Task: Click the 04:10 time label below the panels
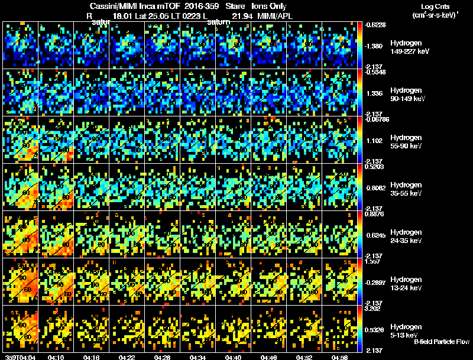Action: pos(56,357)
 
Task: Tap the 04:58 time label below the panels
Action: pos(339,357)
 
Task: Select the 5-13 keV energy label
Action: pos(404,335)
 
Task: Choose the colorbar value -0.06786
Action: pos(378,119)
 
